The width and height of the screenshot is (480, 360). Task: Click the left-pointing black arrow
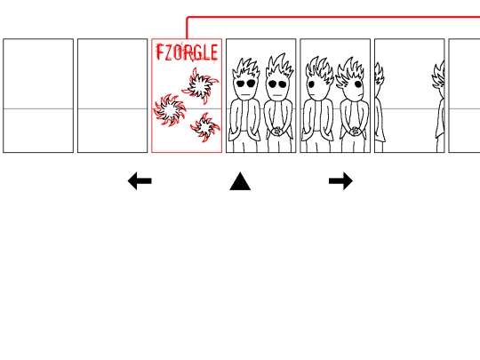point(140,181)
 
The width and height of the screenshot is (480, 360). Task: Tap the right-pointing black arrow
point(340,181)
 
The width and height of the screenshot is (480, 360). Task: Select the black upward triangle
point(240,181)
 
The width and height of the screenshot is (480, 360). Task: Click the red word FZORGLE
point(187,52)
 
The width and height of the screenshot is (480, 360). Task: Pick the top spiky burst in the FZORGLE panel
point(201,85)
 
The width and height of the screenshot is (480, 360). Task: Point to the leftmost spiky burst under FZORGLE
point(169,110)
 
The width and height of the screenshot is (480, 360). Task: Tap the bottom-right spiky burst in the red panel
point(204,127)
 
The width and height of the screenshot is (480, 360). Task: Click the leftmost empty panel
point(38,95)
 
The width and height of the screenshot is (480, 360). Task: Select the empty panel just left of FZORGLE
point(112,95)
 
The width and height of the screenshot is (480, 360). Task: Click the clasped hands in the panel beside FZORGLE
point(277,131)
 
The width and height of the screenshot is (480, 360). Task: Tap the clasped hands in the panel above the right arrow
point(355,131)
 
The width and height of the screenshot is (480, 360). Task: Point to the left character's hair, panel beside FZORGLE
point(246,68)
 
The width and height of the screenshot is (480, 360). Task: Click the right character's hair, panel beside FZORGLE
point(280,66)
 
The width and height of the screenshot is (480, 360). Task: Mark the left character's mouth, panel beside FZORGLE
point(245,94)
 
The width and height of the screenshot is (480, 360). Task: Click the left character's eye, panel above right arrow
point(312,84)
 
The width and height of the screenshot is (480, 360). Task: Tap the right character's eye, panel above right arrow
point(358,84)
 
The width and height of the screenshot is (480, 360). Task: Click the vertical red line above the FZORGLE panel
point(187,28)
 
